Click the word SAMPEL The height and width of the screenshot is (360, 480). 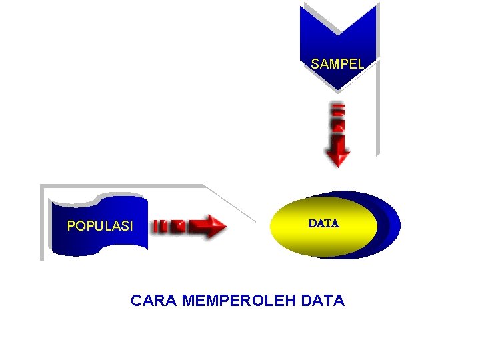pyautogui.click(x=337, y=65)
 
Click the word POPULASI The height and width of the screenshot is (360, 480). pyautogui.click(x=100, y=226)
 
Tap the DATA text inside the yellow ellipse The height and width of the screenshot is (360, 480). pyautogui.click(x=323, y=224)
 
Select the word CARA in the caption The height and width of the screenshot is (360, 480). pyautogui.click(x=154, y=301)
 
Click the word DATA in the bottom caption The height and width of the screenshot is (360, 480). pyautogui.click(x=323, y=301)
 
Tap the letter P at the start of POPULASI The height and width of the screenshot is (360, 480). pyautogui.click(x=71, y=226)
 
